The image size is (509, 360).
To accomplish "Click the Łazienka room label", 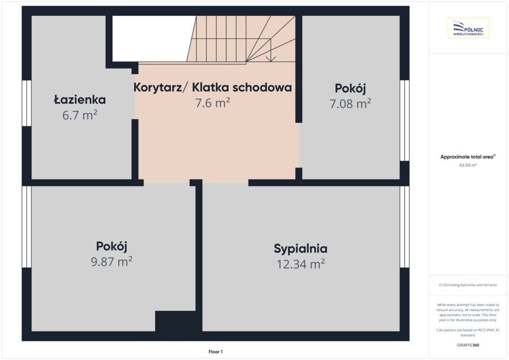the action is (80, 99).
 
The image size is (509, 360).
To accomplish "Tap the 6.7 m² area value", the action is (80, 115).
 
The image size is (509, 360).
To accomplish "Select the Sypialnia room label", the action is (301, 249).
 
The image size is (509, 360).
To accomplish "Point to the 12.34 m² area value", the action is (301, 264).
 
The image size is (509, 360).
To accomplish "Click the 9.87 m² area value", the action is (112, 262).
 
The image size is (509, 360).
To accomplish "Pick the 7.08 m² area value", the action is (350, 103).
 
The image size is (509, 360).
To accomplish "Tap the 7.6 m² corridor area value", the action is (213, 102).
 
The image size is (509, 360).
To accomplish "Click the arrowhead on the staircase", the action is (271, 59).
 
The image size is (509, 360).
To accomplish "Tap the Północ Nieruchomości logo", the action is (468, 28).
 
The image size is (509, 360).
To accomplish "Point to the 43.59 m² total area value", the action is (468, 165).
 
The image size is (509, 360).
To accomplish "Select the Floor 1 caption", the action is (216, 352).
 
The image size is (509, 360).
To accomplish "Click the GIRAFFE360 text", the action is (468, 345).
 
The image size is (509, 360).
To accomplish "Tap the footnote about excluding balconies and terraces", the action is (468, 285).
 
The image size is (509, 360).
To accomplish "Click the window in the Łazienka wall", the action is (27, 103).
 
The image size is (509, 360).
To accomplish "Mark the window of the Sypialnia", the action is (405, 227).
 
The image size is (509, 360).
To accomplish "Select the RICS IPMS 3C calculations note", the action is (468, 333).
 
